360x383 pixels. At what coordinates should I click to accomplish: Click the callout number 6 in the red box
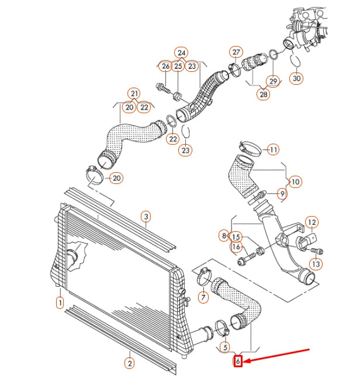click(238, 361)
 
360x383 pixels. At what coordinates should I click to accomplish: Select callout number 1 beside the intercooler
click(60, 302)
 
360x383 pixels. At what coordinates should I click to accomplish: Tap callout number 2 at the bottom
click(130, 363)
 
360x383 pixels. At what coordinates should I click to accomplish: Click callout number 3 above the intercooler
click(146, 217)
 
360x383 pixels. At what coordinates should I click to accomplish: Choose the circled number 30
click(296, 78)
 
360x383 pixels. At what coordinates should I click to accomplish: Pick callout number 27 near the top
click(236, 51)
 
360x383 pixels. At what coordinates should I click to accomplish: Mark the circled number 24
click(182, 53)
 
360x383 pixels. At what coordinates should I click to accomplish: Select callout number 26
click(165, 67)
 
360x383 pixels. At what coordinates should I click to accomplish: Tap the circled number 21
click(134, 93)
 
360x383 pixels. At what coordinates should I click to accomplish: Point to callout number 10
click(295, 182)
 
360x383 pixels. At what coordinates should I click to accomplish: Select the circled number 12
click(313, 222)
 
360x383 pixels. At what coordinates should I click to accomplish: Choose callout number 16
click(236, 247)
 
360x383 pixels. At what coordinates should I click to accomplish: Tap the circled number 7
click(203, 298)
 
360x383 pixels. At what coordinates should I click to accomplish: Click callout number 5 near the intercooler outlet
click(225, 347)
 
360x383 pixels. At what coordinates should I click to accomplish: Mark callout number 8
click(224, 236)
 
